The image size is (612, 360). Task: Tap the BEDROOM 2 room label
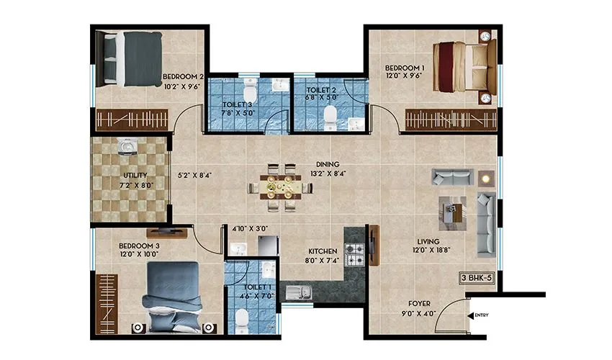[x=184, y=76]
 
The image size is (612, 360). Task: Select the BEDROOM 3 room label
[x=139, y=246]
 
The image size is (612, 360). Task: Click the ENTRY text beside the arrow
[x=482, y=315]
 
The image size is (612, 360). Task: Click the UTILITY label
[x=135, y=175]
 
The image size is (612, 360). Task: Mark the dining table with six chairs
[x=280, y=189]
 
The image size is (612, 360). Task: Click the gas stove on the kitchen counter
[x=354, y=253]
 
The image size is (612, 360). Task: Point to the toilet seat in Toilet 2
[x=330, y=115]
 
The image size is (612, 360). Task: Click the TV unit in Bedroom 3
[x=167, y=232]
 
